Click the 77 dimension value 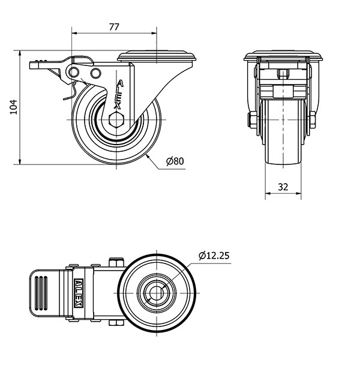point(114,27)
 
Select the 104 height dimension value point(14,107)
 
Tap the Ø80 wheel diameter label point(175,161)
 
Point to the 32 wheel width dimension point(283,187)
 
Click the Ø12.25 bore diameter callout point(214,256)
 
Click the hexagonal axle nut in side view point(116,119)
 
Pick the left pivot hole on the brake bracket point(74,72)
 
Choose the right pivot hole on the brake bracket point(95,73)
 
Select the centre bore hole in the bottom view point(157,293)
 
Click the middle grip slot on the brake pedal point(41,293)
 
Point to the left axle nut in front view point(252,120)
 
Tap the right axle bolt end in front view point(313,120)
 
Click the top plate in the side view point(157,56)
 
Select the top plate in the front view point(283,56)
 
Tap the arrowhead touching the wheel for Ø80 point(148,157)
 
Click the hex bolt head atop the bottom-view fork point(116,262)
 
